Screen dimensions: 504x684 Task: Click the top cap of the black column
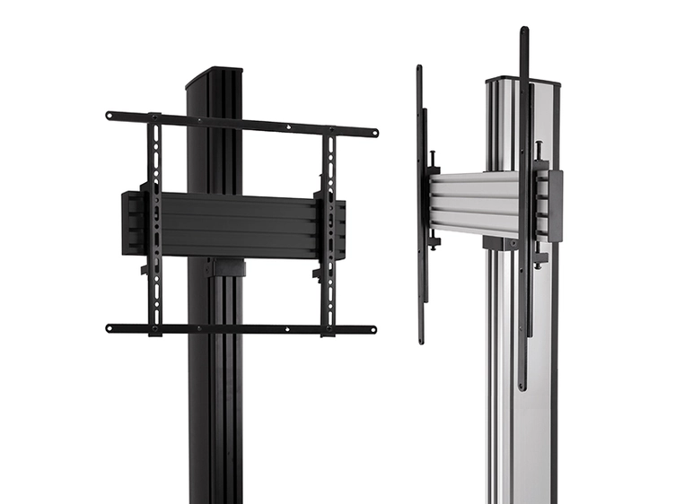(x=214, y=75)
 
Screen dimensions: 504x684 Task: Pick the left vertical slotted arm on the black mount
(x=155, y=224)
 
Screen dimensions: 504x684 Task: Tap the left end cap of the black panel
(x=130, y=222)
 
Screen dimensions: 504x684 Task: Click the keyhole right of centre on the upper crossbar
(x=289, y=128)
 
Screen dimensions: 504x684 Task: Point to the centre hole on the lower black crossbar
(x=242, y=329)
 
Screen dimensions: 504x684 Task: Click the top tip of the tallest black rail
(x=523, y=32)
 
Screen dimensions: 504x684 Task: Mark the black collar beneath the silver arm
(x=500, y=242)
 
